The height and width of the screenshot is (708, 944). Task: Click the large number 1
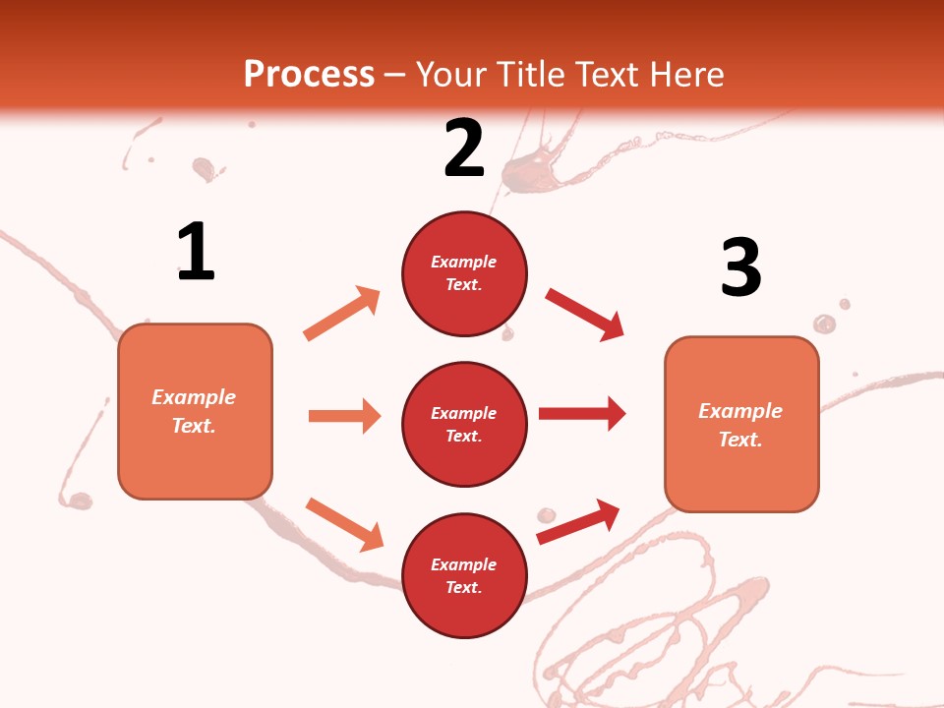tap(196, 252)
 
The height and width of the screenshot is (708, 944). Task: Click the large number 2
tap(464, 148)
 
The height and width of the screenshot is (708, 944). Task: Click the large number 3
tap(740, 267)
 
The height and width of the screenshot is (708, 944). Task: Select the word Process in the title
tap(309, 74)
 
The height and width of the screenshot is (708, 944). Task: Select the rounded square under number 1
tap(195, 411)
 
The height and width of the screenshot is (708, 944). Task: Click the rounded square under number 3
tap(741, 424)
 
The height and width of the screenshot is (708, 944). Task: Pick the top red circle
tap(464, 273)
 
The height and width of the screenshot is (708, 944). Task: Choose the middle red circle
tap(464, 424)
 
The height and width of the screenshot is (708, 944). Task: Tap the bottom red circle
tap(464, 575)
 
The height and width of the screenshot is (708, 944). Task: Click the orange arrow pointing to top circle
tap(342, 314)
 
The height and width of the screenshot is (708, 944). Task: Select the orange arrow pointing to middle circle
tap(344, 416)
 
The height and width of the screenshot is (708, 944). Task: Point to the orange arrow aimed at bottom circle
tap(344, 524)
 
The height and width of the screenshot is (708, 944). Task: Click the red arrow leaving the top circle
tap(585, 315)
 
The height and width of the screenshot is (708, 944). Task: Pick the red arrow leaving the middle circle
tap(582, 413)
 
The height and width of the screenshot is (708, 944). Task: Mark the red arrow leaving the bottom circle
tap(578, 522)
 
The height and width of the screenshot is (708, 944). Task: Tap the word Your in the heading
tap(451, 74)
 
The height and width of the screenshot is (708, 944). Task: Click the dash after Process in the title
tap(395, 74)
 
